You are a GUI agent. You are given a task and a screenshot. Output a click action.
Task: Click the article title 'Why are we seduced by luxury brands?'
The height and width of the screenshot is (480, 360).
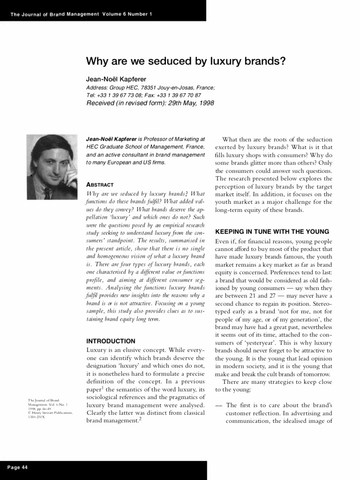[x=186, y=61]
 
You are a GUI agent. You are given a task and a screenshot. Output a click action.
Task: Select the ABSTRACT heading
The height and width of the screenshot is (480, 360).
[x=100, y=184]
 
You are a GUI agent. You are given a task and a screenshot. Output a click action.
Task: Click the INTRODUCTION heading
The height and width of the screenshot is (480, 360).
[x=111, y=341]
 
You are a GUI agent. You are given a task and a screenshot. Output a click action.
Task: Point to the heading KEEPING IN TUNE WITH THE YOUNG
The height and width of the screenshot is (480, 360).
[x=272, y=232]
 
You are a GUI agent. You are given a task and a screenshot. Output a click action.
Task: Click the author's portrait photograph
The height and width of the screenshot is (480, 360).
[x=52, y=166]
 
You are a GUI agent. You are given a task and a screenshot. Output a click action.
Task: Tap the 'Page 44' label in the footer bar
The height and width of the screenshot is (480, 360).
[x=18, y=468]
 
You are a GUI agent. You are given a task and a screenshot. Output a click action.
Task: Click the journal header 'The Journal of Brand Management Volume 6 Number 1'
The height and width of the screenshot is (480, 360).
[x=81, y=14]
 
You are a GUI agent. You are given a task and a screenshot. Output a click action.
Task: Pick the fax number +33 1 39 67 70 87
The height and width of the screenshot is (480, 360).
[x=176, y=95]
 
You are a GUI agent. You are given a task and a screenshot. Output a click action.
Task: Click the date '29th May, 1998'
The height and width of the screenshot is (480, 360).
[x=184, y=103]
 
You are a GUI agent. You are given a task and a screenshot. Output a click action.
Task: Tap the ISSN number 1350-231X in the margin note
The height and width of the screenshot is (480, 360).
[x=37, y=417]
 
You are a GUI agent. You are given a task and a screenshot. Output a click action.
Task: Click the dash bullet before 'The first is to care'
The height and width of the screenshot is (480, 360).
[x=218, y=405]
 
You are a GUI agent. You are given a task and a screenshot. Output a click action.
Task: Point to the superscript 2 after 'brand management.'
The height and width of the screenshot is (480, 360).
[x=140, y=420]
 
